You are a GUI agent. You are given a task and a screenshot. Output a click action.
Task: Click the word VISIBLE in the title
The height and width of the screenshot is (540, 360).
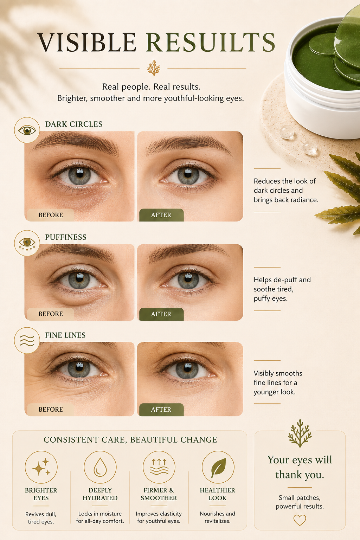coord(87,42)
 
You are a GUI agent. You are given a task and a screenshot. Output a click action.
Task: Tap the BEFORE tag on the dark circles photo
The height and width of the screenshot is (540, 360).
coord(51,215)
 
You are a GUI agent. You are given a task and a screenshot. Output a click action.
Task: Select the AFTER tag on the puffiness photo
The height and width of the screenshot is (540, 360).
coord(161,314)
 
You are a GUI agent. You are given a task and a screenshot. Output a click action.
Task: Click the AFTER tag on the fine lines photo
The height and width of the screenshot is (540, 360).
coord(161,410)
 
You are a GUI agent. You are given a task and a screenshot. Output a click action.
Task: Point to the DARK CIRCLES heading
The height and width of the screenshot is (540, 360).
coord(74,124)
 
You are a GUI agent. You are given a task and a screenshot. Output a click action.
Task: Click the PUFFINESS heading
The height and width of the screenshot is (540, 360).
coord(66,237)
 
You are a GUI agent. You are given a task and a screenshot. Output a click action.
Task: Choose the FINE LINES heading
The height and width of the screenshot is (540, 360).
coord(65,335)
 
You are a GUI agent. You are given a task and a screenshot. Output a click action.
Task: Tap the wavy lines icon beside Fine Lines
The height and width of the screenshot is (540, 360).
coord(27,340)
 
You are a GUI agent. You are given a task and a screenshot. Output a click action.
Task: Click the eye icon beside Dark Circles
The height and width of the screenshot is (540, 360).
coord(27,130)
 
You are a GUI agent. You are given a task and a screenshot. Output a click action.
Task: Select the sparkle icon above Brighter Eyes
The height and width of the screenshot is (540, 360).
coord(41,467)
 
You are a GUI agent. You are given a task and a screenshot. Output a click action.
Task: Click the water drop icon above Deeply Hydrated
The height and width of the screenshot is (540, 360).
coord(100,467)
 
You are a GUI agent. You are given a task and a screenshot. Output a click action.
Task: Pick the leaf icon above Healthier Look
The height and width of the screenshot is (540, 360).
coord(218,467)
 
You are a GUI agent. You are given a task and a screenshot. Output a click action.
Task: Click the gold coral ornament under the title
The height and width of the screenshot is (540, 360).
coord(154,68)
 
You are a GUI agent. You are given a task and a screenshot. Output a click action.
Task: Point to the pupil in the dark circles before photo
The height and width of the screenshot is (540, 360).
coord(79,173)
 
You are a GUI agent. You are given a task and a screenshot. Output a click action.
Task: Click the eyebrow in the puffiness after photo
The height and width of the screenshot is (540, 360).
coord(188,253)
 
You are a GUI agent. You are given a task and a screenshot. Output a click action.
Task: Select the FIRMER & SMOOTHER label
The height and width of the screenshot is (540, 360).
coord(159,494)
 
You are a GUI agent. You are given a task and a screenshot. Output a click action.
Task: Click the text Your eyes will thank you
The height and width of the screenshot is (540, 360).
coord(300,467)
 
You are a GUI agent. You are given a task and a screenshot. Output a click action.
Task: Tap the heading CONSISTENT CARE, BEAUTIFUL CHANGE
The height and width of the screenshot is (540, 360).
coord(130,440)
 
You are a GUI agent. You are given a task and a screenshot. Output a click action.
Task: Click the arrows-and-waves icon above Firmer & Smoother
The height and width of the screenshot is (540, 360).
coord(159,467)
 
